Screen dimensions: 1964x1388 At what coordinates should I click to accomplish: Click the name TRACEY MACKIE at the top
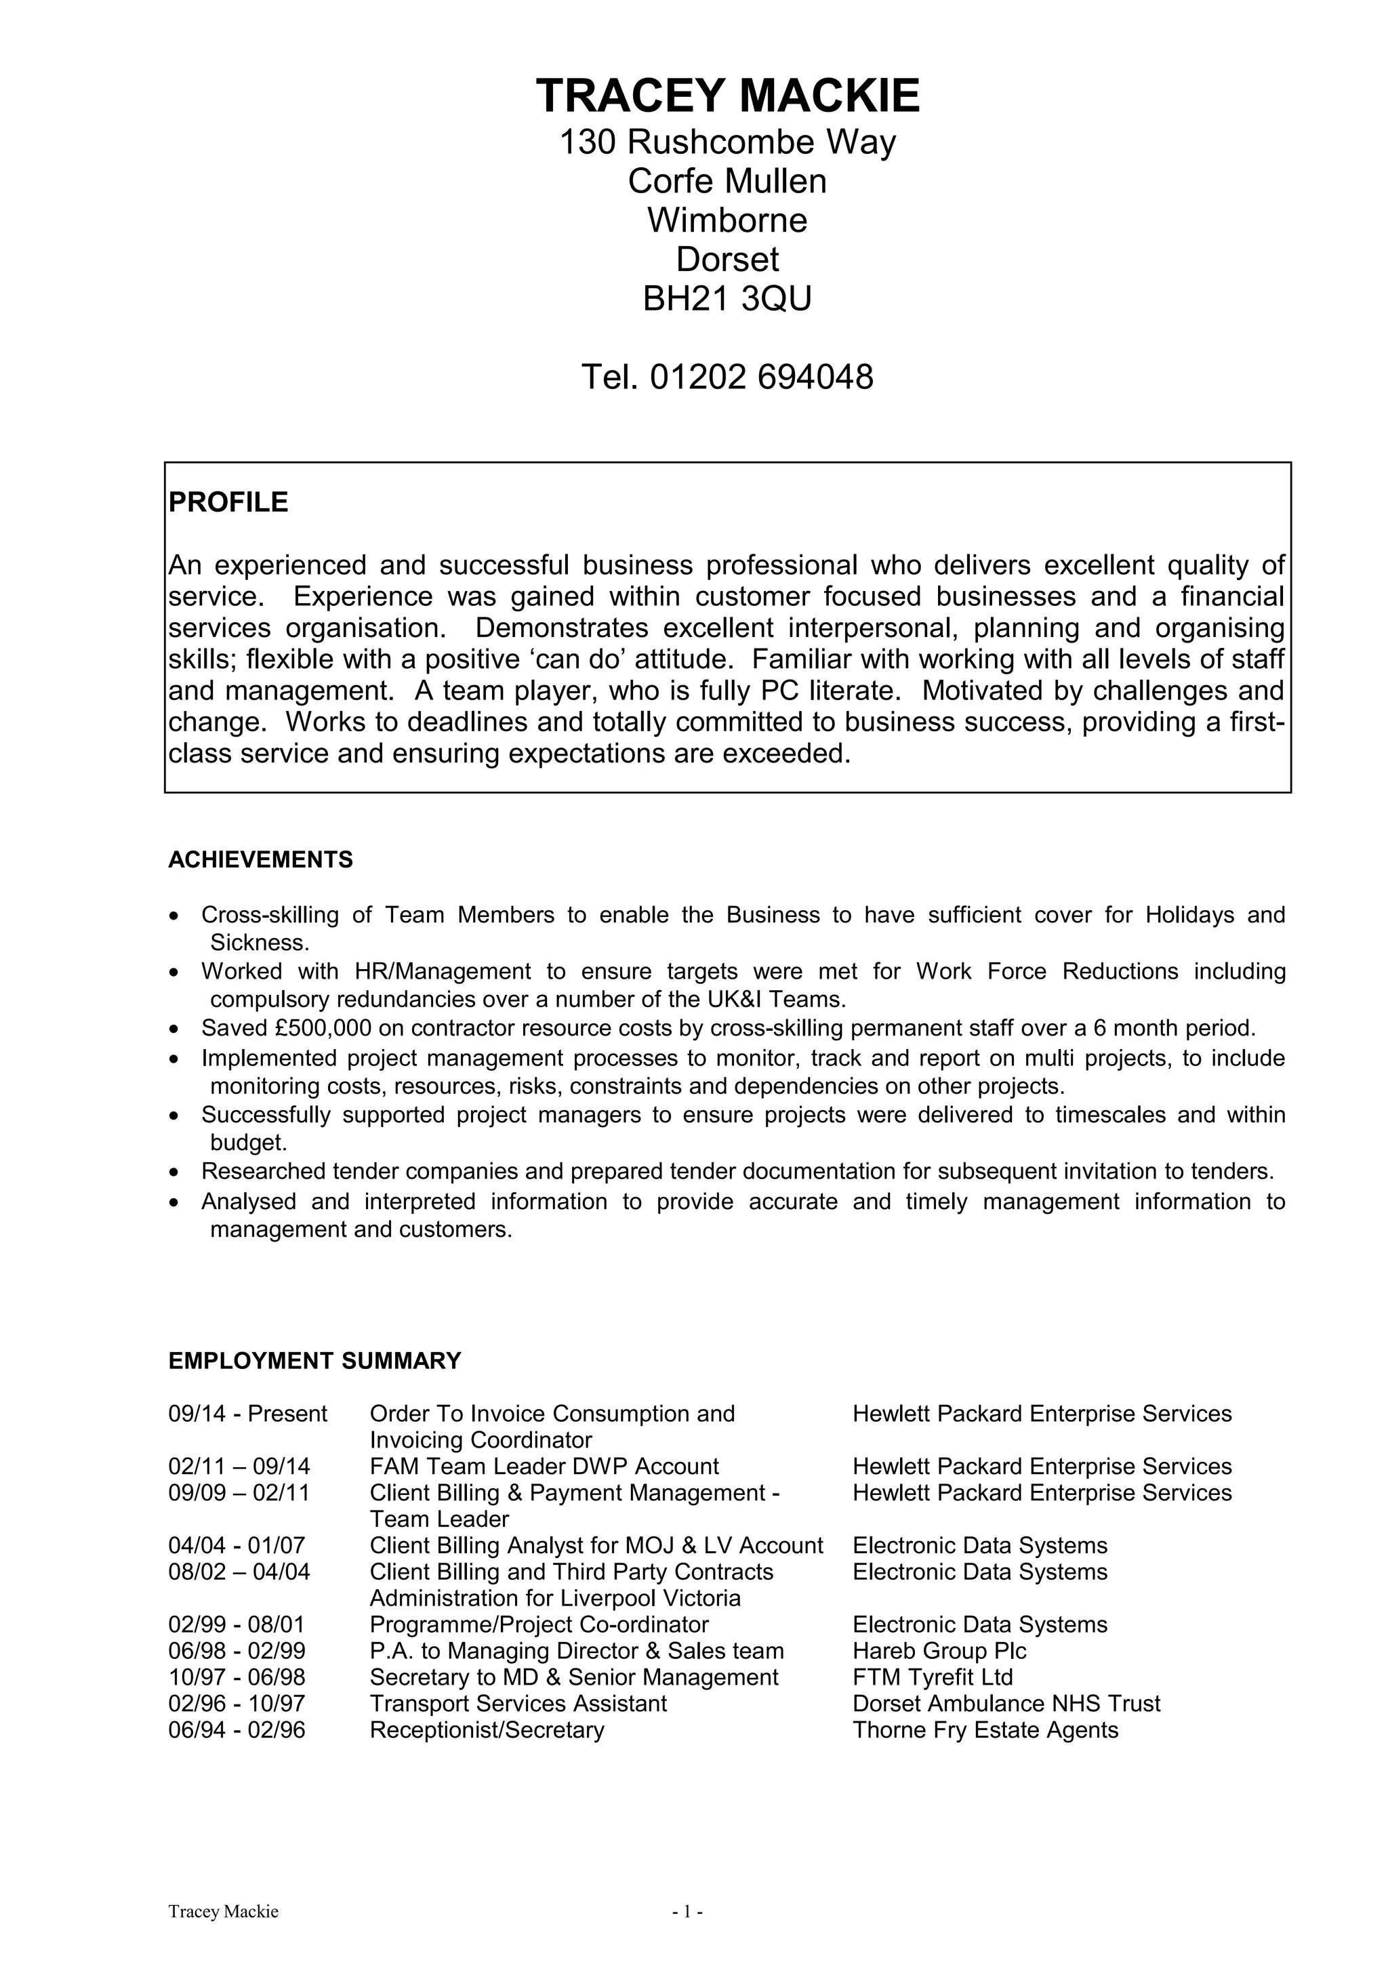click(x=728, y=95)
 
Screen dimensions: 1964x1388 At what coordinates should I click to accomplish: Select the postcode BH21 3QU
click(x=727, y=299)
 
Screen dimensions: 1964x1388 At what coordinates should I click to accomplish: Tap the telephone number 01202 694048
click(x=761, y=377)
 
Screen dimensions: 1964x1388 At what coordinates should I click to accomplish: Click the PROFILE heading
click(x=228, y=502)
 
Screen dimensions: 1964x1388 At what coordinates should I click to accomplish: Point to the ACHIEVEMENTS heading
click(x=260, y=860)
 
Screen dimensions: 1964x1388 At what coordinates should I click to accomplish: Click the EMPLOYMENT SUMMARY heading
click(x=314, y=1360)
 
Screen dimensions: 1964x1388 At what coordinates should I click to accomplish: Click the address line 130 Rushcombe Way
click(x=727, y=142)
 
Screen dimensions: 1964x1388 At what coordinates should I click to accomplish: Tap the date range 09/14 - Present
click(x=247, y=1413)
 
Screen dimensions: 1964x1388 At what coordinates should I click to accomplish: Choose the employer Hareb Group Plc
click(x=939, y=1650)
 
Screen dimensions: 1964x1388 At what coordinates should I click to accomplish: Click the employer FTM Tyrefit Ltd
click(x=932, y=1677)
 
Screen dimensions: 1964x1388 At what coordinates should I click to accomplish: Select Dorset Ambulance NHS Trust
click(x=1006, y=1703)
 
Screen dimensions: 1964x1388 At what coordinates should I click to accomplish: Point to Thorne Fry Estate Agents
click(x=985, y=1730)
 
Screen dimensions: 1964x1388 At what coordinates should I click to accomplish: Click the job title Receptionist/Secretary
click(x=487, y=1730)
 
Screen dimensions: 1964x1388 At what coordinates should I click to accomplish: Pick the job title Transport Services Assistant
click(x=517, y=1703)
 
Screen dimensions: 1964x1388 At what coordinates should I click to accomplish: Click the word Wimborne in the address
click(x=727, y=221)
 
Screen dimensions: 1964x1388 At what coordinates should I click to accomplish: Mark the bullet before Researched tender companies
click(x=174, y=1172)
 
